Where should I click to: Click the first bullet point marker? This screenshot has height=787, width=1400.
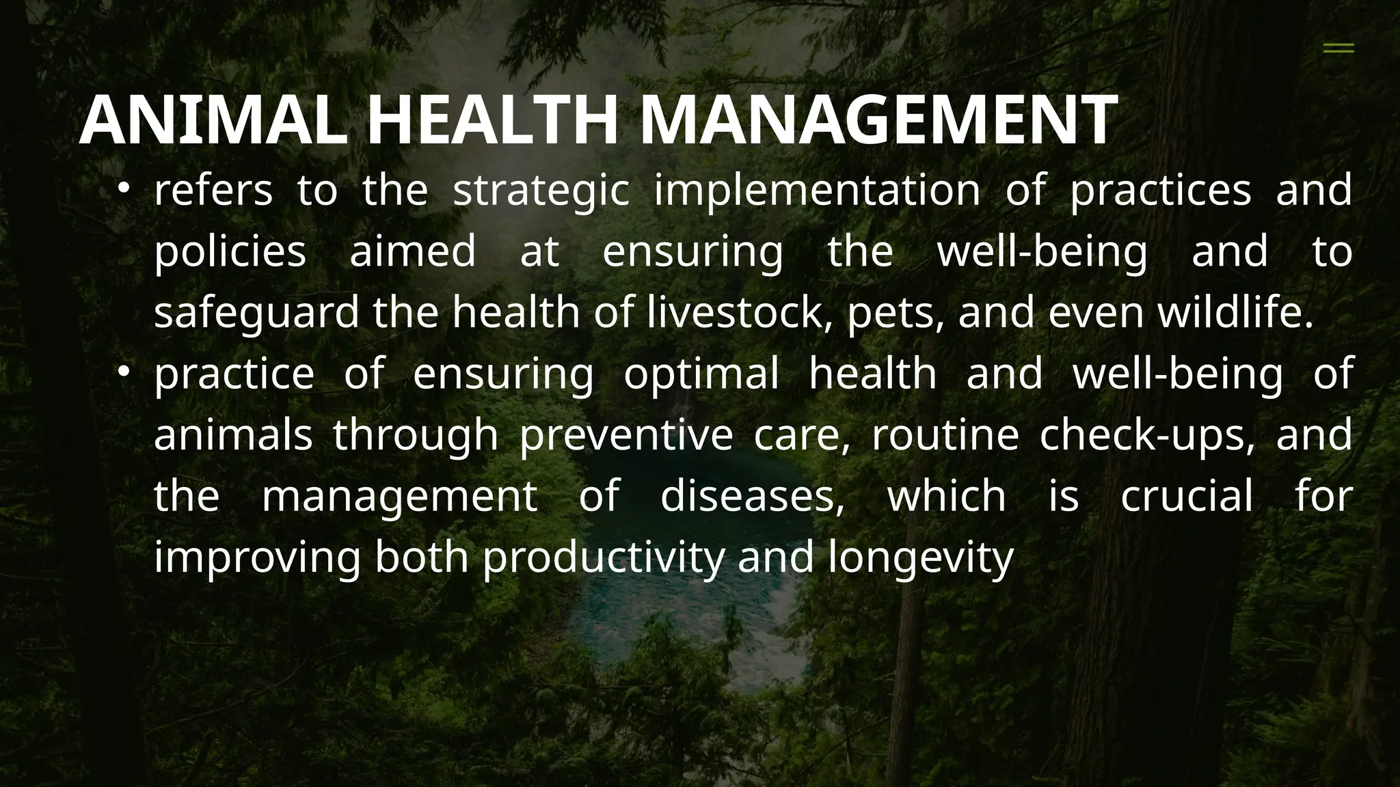tap(123, 187)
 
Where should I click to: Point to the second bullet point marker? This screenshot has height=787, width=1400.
tap(123, 371)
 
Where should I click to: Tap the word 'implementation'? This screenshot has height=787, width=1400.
tap(817, 191)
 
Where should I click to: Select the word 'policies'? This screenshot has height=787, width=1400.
tap(230, 251)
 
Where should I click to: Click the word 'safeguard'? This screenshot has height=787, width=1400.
tap(256, 313)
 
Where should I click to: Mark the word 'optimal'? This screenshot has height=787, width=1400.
tap(701, 374)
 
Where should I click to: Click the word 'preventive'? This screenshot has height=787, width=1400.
tap(626, 435)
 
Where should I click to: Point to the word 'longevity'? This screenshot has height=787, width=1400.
tap(921, 557)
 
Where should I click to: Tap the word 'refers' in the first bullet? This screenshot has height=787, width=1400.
tap(213, 191)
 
